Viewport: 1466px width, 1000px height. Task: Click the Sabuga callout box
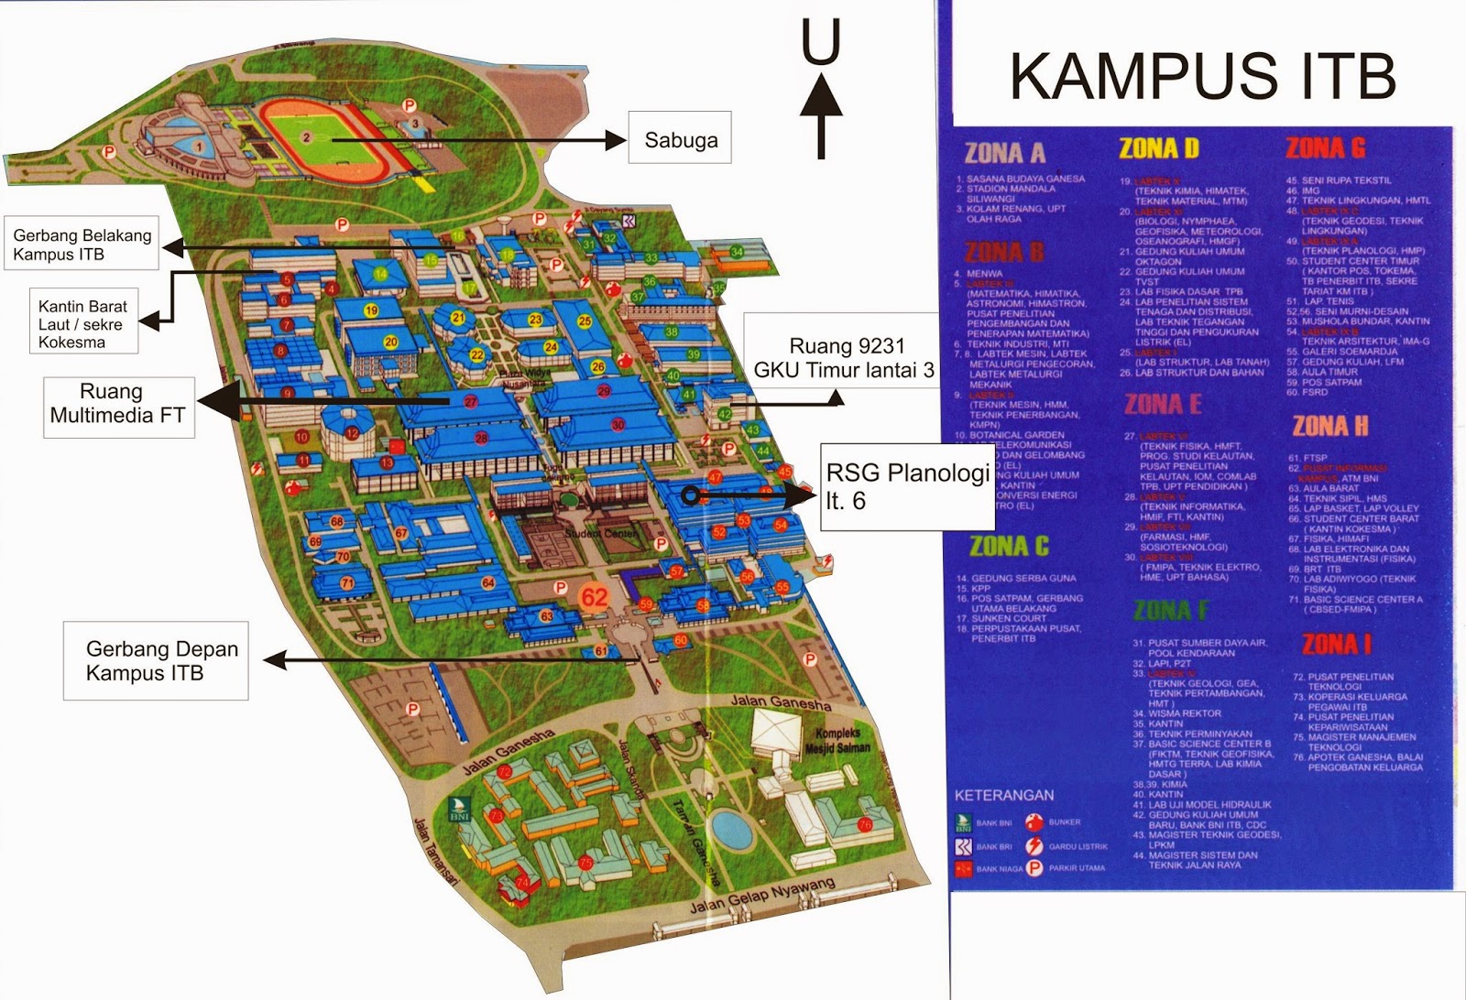[679, 138]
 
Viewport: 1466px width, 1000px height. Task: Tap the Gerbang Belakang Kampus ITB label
[82, 245]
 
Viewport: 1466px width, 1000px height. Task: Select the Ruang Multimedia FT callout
[118, 404]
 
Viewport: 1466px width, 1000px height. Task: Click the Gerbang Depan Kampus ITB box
[156, 660]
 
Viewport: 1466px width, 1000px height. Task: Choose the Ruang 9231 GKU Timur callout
[843, 357]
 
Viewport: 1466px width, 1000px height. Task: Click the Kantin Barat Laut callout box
[82, 324]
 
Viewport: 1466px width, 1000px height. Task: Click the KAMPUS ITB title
[1202, 77]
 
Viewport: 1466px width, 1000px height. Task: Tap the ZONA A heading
[1005, 152]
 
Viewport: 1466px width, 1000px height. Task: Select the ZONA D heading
[1159, 148]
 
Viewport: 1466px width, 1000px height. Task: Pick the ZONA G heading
[1326, 148]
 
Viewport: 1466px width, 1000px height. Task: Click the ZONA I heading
[1337, 645]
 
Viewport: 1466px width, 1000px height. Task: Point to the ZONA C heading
[1009, 547]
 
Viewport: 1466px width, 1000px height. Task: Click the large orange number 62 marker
[595, 598]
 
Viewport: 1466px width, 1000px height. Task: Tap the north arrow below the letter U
[821, 115]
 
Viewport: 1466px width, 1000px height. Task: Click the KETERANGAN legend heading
[1004, 795]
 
